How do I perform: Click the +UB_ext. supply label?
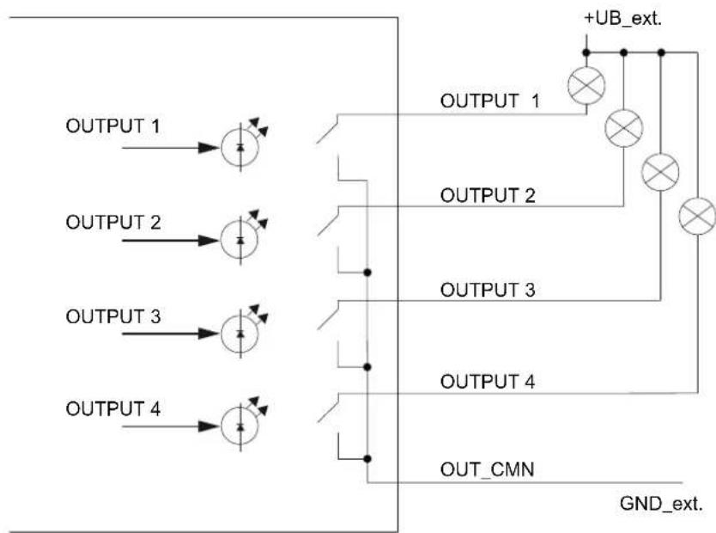[x=622, y=19]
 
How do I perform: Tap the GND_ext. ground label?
[x=661, y=504]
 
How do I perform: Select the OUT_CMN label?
[x=488, y=470]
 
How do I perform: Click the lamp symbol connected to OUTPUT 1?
[x=586, y=85]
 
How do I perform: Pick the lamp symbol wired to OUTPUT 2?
[x=624, y=128]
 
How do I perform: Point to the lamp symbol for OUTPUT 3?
[x=660, y=172]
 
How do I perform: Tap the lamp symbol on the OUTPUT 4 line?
[x=697, y=217]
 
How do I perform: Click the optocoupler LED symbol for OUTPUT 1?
[x=240, y=147]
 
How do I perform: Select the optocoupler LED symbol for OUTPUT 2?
[x=240, y=240]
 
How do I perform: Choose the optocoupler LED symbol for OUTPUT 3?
[x=240, y=334]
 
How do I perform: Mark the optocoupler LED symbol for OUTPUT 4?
[x=240, y=426]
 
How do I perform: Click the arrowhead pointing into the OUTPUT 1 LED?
[x=209, y=148]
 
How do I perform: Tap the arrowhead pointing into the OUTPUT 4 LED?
[x=209, y=426]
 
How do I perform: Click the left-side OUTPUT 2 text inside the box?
[x=113, y=223]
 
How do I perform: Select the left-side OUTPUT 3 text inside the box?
[x=113, y=316]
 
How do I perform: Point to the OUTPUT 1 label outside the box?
[x=489, y=101]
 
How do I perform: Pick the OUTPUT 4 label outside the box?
[x=488, y=381]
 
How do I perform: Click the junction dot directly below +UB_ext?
[x=586, y=53]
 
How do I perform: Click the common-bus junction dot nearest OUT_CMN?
[x=367, y=458]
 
